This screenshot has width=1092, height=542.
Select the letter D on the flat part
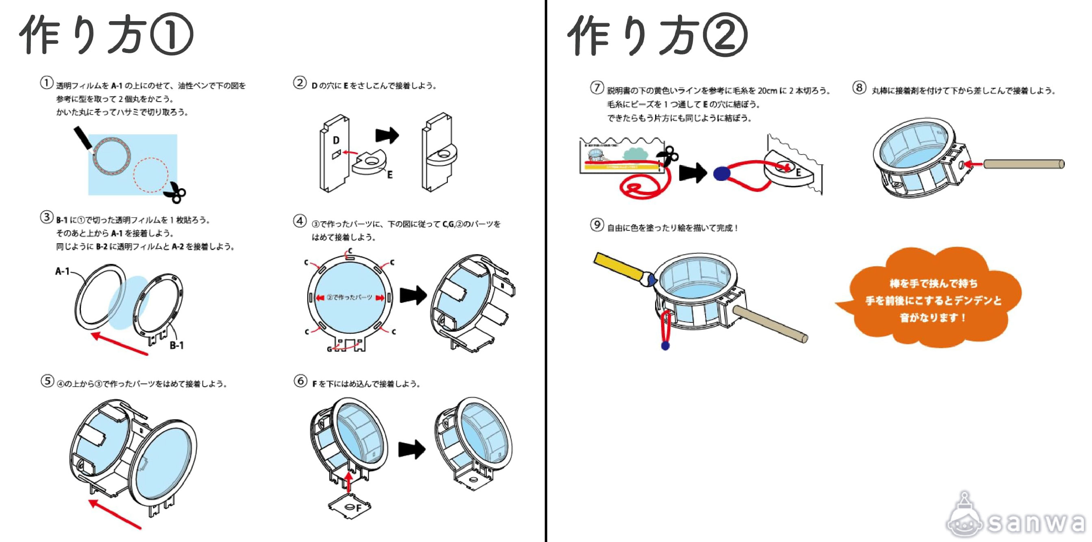(336, 140)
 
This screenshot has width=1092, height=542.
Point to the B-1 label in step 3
(176, 345)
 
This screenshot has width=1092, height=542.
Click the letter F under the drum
(358, 508)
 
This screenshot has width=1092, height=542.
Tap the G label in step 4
(329, 349)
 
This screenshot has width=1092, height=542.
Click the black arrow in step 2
(386, 135)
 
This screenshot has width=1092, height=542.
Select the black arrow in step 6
(412, 449)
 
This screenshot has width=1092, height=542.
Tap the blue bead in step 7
(721, 174)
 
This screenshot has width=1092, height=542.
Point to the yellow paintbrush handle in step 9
(617, 266)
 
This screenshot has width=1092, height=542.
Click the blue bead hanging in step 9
(666, 346)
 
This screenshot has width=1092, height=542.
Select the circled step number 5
(47, 381)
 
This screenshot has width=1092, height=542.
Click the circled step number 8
(859, 88)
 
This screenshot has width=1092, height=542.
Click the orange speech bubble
(933, 299)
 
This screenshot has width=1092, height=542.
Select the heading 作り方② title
(657, 35)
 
